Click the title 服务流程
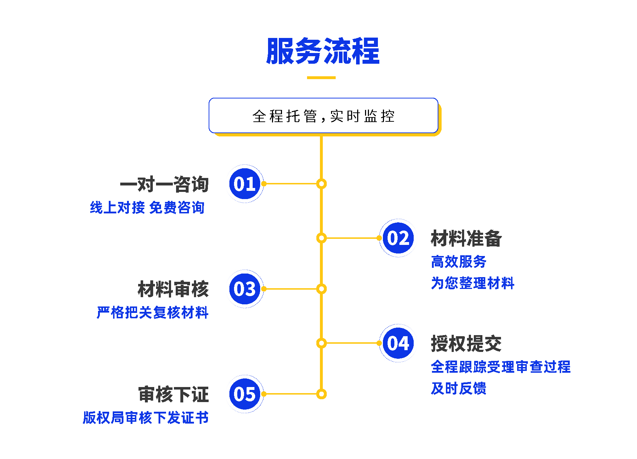tap(322, 51)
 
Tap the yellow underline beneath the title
tap(321, 77)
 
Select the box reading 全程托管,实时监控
tap(323, 116)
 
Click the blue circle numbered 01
tap(245, 184)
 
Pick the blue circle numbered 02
tap(398, 238)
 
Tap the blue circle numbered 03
tap(245, 289)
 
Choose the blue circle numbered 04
tap(398, 343)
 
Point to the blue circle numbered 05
tap(245, 394)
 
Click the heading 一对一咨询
tap(164, 184)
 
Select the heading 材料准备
tap(466, 238)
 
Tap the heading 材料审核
tap(173, 289)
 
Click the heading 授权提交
tap(466, 344)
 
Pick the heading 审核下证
tap(174, 395)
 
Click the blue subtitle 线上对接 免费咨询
tap(147, 208)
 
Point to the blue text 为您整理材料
tap(472, 283)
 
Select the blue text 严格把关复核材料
tap(152, 313)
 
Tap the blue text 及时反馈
tap(458, 388)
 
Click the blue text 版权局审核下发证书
tap(146, 418)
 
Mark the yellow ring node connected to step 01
tap(321, 184)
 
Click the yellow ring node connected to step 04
tap(321, 343)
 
